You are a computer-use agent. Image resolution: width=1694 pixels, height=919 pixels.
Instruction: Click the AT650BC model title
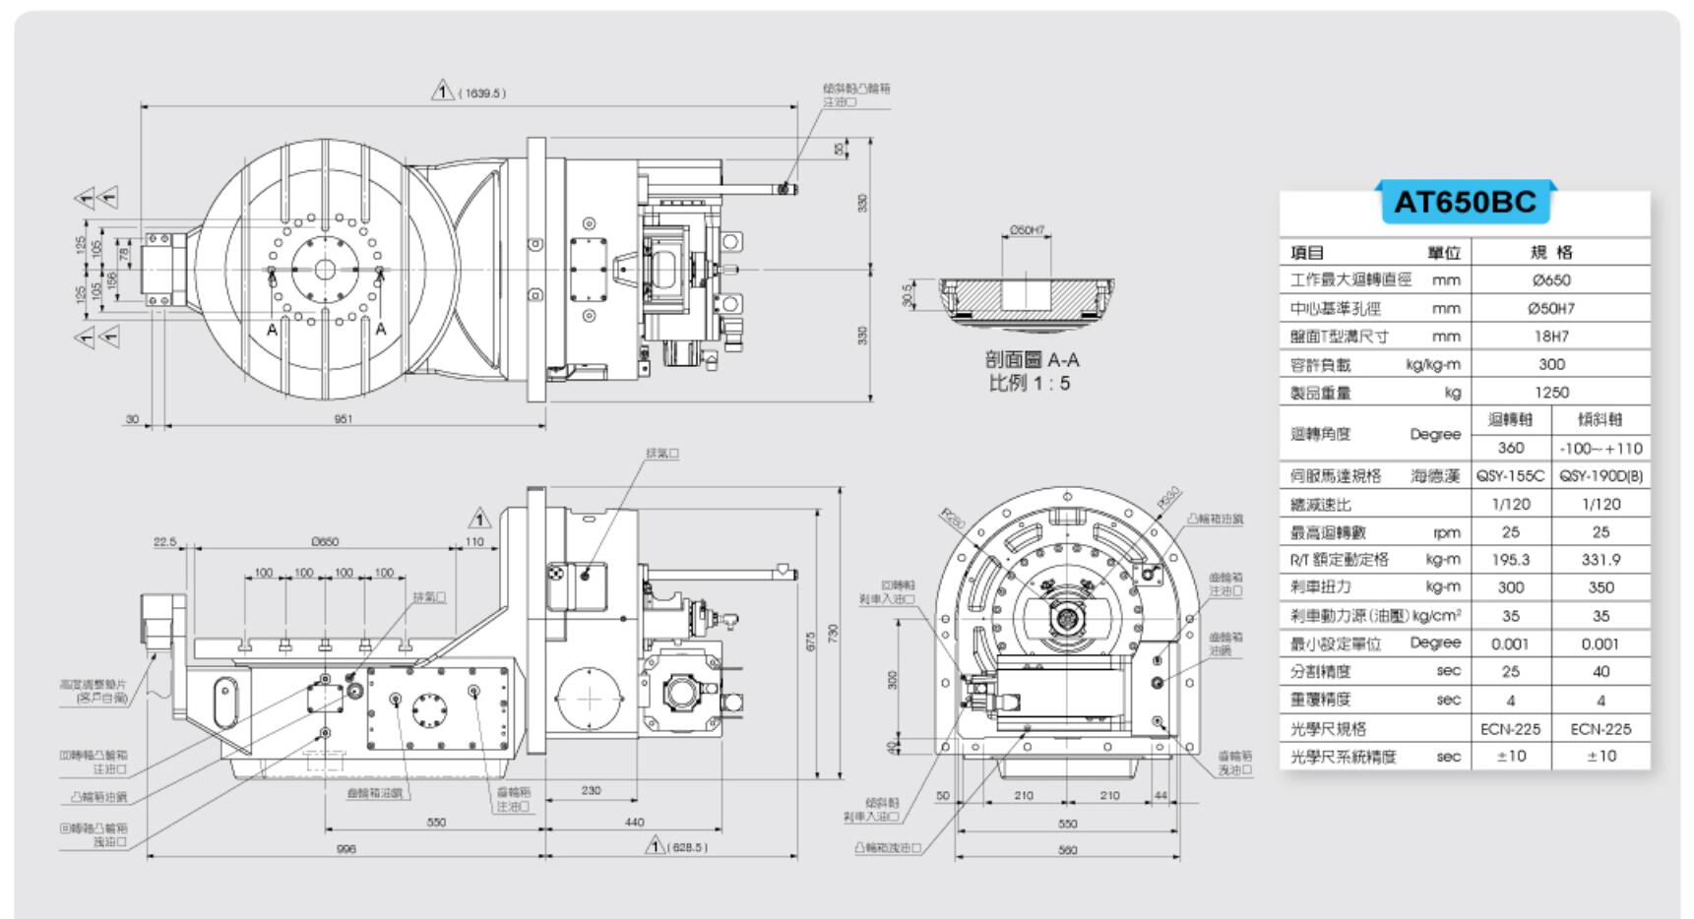click(1465, 202)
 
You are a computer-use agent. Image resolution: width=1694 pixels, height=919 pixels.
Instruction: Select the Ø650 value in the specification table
click(1551, 280)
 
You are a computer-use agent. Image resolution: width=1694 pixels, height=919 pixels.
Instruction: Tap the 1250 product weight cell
click(1551, 393)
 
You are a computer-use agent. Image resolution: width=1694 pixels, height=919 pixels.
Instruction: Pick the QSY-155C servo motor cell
click(1510, 476)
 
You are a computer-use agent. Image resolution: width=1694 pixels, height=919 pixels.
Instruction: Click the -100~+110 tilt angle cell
click(1600, 449)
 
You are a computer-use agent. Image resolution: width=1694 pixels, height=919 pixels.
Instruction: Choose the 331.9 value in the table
click(1600, 560)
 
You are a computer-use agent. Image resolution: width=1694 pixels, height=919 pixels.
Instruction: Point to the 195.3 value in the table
click(1510, 560)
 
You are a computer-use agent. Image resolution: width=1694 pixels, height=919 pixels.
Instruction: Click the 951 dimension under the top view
click(343, 419)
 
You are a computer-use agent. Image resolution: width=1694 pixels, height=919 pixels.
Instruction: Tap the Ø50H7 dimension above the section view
click(1027, 231)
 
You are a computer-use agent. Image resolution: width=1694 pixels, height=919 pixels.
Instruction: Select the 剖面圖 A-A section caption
click(1032, 360)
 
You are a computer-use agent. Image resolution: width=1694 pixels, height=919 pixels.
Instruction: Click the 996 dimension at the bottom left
click(345, 849)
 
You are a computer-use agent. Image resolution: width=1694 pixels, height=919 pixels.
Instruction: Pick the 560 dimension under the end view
click(1067, 850)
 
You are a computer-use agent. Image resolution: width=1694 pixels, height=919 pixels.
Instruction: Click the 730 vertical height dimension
click(833, 634)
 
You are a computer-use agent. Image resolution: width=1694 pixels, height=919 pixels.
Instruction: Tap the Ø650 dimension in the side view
click(325, 542)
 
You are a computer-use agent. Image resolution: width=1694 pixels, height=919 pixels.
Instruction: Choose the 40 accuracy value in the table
click(1600, 672)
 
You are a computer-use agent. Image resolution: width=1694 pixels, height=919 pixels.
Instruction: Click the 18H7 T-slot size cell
click(1551, 337)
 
